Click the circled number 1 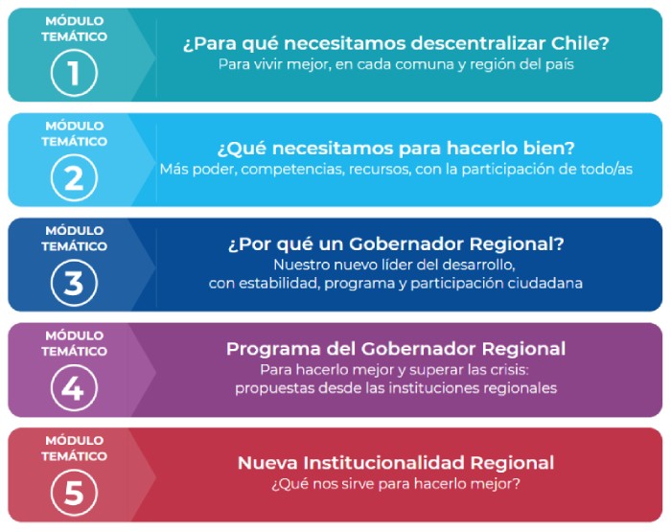pos(74,73)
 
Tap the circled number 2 pos(74,177)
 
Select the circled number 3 pos(74,283)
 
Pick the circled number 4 pos(74,388)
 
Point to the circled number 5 pos(74,493)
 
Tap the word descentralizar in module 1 pos(478,43)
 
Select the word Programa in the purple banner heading pos(273,349)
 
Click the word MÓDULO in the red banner pos(75,440)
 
